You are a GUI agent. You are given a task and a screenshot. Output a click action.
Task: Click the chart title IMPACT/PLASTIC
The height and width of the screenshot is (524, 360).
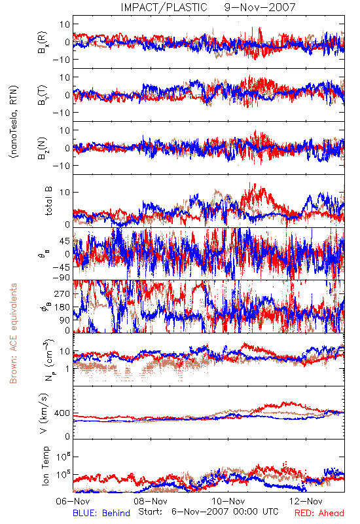pyautogui.click(x=164, y=7)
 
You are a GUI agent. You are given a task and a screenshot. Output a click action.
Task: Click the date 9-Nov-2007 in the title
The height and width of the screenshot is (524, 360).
pyautogui.click(x=260, y=7)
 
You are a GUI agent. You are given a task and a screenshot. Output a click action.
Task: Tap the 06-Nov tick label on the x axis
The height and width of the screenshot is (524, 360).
pyautogui.click(x=73, y=501)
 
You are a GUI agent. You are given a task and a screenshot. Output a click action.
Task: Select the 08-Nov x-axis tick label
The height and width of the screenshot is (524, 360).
pyautogui.click(x=151, y=501)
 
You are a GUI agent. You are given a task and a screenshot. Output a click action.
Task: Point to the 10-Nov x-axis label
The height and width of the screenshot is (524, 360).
pyautogui.click(x=228, y=501)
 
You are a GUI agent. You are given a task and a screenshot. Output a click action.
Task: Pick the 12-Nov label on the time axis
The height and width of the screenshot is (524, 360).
pyautogui.click(x=306, y=501)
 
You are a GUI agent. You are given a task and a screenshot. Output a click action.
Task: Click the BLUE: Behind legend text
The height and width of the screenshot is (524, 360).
pyautogui.click(x=101, y=513)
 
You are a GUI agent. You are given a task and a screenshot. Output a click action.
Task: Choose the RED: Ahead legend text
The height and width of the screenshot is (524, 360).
pyautogui.click(x=319, y=513)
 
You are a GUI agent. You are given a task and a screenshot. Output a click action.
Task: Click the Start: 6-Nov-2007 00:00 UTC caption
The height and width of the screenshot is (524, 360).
pyautogui.click(x=208, y=512)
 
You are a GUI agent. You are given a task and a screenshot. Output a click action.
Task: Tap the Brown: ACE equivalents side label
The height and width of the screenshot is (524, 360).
pyautogui.click(x=13, y=333)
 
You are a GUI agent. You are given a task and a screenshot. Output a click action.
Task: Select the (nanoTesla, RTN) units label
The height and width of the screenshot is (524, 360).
pyautogui.click(x=14, y=122)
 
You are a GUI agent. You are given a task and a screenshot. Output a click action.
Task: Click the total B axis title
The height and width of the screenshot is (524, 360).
pyautogui.click(x=48, y=202)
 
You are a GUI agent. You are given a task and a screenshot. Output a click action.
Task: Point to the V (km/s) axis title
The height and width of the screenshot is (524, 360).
pyautogui.click(x=45, y=414)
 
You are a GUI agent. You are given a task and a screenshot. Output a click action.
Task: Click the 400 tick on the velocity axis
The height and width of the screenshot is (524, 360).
pyautogui.click(x=62, y=413)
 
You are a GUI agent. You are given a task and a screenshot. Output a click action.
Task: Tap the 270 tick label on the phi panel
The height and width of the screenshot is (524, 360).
pyautogui.click(x=62, y=293)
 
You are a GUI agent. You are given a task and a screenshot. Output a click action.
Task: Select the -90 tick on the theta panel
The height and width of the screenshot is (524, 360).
pyautogui.click(x=62, y=278)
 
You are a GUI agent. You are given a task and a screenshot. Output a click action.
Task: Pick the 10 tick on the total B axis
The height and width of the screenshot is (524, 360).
pyautogui.click(x=65, y=192)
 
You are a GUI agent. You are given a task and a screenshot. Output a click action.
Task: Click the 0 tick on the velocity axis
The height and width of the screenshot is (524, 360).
pyautogui.click(x=68, y=436)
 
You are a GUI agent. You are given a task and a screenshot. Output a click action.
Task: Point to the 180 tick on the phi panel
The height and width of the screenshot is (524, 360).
pyautogui.click(x=62, y=307)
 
